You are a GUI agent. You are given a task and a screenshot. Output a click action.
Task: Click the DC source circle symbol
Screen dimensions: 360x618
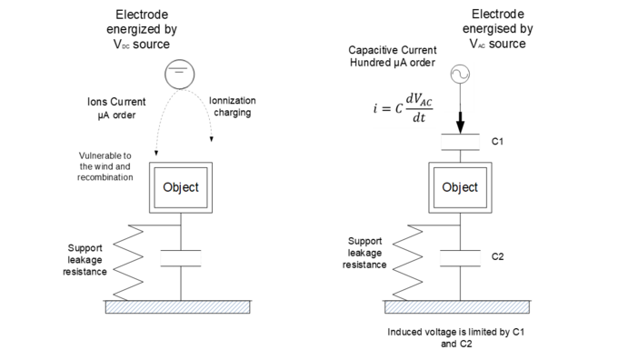[181, 75]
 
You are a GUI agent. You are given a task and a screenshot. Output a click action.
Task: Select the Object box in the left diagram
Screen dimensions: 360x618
[181, 188]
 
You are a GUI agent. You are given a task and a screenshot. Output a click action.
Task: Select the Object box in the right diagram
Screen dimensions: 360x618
[460, 188]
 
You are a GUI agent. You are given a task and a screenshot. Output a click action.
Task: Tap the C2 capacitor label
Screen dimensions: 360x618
[497, 256]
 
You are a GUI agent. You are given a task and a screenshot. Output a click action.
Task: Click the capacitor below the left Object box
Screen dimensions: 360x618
[181, 256]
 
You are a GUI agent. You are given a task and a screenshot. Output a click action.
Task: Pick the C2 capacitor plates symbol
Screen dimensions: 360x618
[460, 256]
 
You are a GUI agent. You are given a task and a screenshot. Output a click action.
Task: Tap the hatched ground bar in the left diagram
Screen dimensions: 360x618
[181, 307]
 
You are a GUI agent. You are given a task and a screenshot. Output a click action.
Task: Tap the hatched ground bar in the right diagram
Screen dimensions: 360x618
[460, 307]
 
